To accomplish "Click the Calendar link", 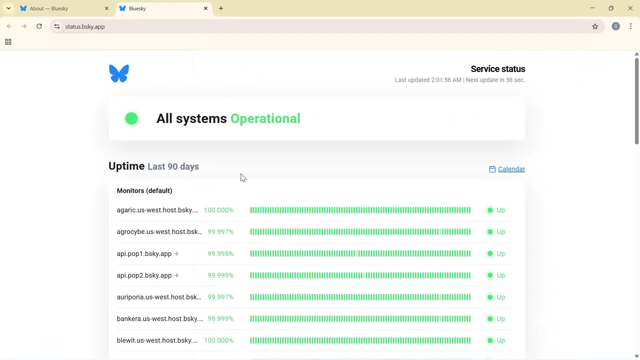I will coord(511,169).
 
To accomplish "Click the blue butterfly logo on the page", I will coord(119,73).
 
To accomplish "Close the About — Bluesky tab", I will coord(107,9).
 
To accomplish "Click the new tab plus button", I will coord(221,9).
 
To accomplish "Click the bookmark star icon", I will coord(595,27).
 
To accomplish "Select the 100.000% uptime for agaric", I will coord(219,210).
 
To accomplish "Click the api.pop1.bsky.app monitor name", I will coord(144,254).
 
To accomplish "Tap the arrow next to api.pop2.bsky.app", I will coord(176,275).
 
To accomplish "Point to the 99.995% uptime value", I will coord(220,254).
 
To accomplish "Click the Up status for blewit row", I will coord(501,341).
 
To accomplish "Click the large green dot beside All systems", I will coord(131,119).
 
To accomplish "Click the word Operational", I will coord(265,119).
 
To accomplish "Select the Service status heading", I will coord(498,69).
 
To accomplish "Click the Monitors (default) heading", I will coord(144,191).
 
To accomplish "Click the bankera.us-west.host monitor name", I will coord(160,319).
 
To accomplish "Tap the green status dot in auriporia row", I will coord(490,297).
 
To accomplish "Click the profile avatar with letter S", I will coord(616,27).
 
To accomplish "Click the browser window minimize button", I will coord(592,8).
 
